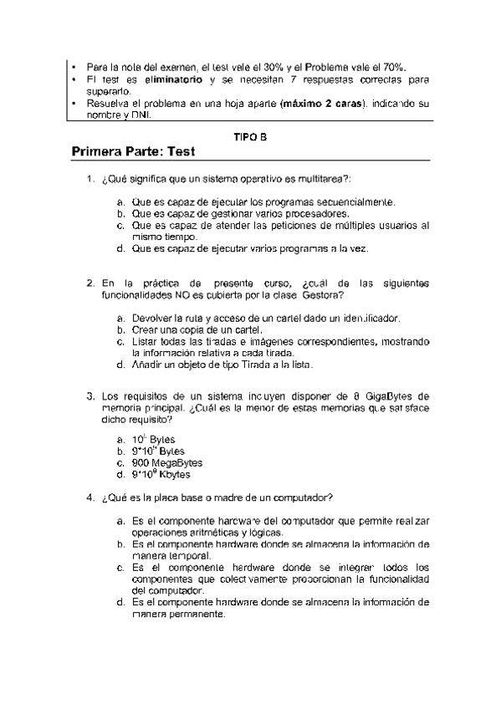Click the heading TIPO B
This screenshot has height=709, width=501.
(250, 135)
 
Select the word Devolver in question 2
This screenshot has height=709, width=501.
(153, 318)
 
